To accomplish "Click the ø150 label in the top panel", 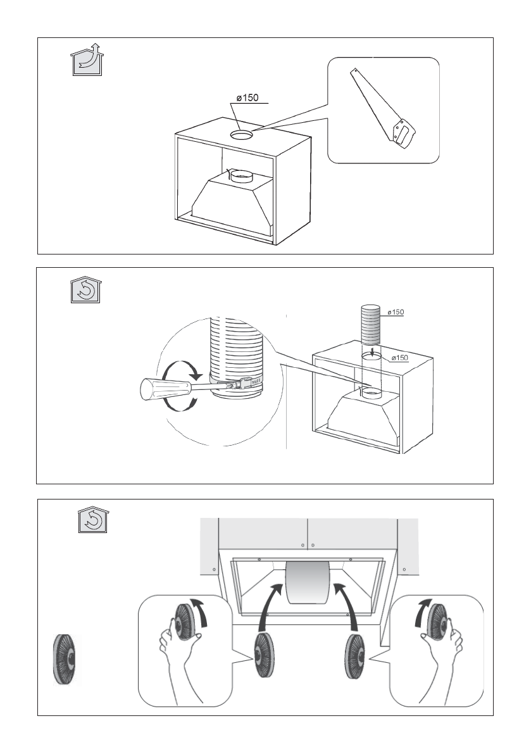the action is [247, 97].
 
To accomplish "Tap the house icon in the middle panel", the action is [85, 289].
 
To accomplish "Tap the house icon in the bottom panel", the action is [93, 519].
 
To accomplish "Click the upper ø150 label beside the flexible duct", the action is [396, 312].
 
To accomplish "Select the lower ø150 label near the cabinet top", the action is [400, 358].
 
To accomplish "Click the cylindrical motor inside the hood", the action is [308, 581].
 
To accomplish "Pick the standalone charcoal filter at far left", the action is [64, 660].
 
